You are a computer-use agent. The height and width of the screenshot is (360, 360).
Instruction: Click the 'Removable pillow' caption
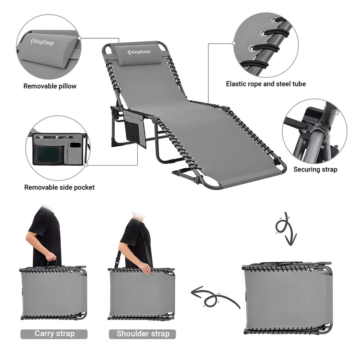click(50, 86)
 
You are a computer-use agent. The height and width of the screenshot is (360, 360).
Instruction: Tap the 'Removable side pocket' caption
click(59, 187)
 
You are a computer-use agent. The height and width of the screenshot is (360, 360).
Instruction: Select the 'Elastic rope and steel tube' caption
click(265, 84)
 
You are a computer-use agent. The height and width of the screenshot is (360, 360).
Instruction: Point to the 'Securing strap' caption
click(315, 170)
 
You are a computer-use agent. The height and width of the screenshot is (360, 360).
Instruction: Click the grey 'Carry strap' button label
click(54, 333)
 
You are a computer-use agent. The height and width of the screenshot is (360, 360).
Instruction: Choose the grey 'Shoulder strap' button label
click(143, 333)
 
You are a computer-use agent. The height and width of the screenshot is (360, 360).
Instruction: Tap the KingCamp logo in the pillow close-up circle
click(43, 42)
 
